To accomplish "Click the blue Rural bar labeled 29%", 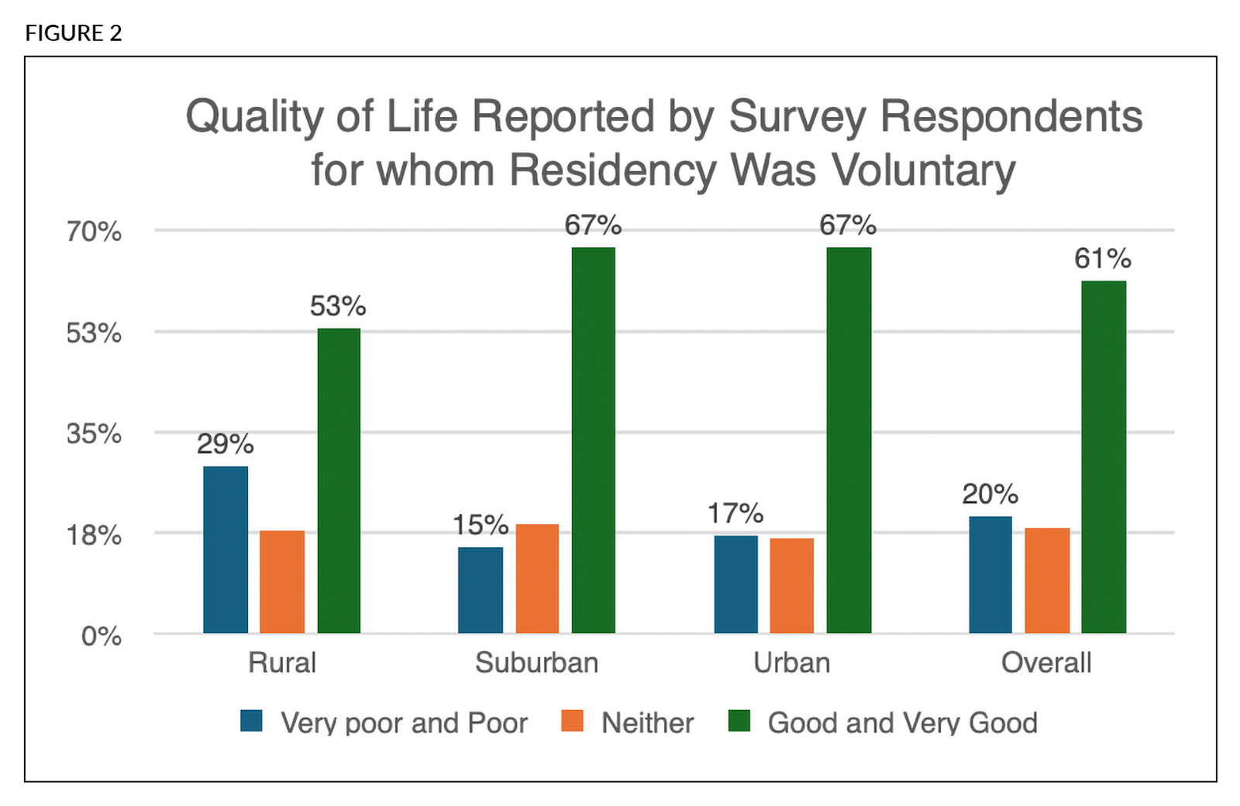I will click(226, 549).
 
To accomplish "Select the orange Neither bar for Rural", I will click(282, 582).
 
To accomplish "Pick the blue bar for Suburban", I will click(480, 590).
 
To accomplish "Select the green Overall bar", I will click(1104, 457).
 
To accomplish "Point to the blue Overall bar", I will click(990, 574).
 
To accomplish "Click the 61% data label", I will click(1103, 259).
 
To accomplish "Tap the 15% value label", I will click(480, 525).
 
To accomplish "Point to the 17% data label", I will click(735, 513).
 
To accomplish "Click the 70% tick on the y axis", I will click(94, 231).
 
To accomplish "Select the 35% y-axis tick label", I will click(94, 433).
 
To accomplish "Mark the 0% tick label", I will click(102, 636).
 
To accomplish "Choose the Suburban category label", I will click(537, 663).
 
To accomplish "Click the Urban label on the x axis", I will click(792, 663).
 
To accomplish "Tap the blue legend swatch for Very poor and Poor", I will click(252, 721).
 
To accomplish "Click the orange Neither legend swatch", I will click(573, 721).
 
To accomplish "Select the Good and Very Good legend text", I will click(902, 723).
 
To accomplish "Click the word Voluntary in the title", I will click(923, 170).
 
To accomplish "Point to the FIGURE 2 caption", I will click(74, 33).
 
